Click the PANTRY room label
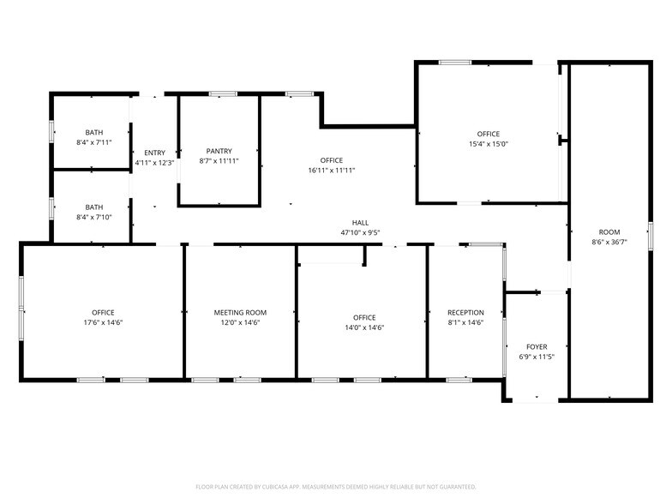click(x=219, y=151)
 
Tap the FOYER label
click(x=537, y=346)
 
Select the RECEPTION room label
click(x=465, y=313)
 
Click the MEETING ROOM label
click(x=240, y=313)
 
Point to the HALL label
click(x=360, y=222)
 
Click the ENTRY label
click(x=154, y=153)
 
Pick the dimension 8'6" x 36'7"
click(x=609, y=243)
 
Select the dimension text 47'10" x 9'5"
click(x=360, y=232)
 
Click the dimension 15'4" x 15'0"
click(x=489, y=144)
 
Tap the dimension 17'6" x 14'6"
click(x=103, y=323)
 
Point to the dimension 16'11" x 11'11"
click(x=331, y=171)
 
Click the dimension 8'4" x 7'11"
click(x=94, y=142)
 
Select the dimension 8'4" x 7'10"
click(x=94, y=217)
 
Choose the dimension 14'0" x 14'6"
click(x=364, y=327)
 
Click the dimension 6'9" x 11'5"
click(x=537, y=357)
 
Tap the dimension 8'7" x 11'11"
click(x=219, y=161)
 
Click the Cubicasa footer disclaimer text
click(x=336, y=486)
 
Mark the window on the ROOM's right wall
click(x=651, y=235)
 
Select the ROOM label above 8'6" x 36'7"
click(x=609, y=232)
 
